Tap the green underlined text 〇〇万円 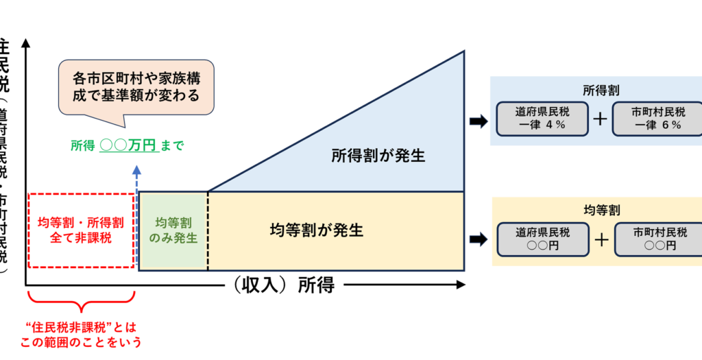point(129,146)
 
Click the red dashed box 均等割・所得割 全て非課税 point(80,230)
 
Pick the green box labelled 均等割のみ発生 point(173,230)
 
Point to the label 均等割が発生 point(316,230)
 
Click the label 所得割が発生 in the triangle point(378,156)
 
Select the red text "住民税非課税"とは point(81,328)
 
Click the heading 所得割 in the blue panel point(596,91)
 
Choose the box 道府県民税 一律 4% point(542,118)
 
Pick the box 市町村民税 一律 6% point(657,118)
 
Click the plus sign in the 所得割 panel point(601,119)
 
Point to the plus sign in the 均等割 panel point(601,239)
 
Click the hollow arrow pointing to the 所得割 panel point(478,121)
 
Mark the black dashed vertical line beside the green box point(207,231)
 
